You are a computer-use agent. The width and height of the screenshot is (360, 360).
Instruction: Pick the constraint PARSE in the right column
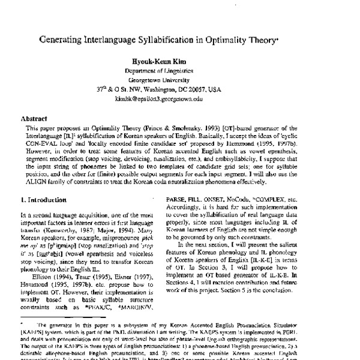[x=198, y=199]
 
